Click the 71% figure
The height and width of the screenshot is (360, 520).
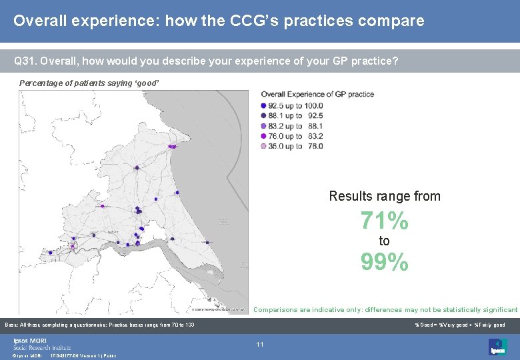(x=384, y=220)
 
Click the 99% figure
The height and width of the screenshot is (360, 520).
(x=384, y=263)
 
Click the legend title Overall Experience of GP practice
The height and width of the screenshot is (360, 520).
(x=317, y=94)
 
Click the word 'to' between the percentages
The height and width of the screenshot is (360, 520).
(x=384, y=241)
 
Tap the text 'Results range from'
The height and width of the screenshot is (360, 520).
(x=384, y=196)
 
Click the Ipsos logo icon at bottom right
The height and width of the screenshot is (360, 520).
(x=497, y=346)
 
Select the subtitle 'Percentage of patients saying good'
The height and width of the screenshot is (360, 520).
(x=89, y=83)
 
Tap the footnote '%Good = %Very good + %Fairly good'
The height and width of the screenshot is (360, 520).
(x=459, y=325)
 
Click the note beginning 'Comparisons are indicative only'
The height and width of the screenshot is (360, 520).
(x=385, y=310)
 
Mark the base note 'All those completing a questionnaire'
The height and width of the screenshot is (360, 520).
(x=100, y=325)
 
